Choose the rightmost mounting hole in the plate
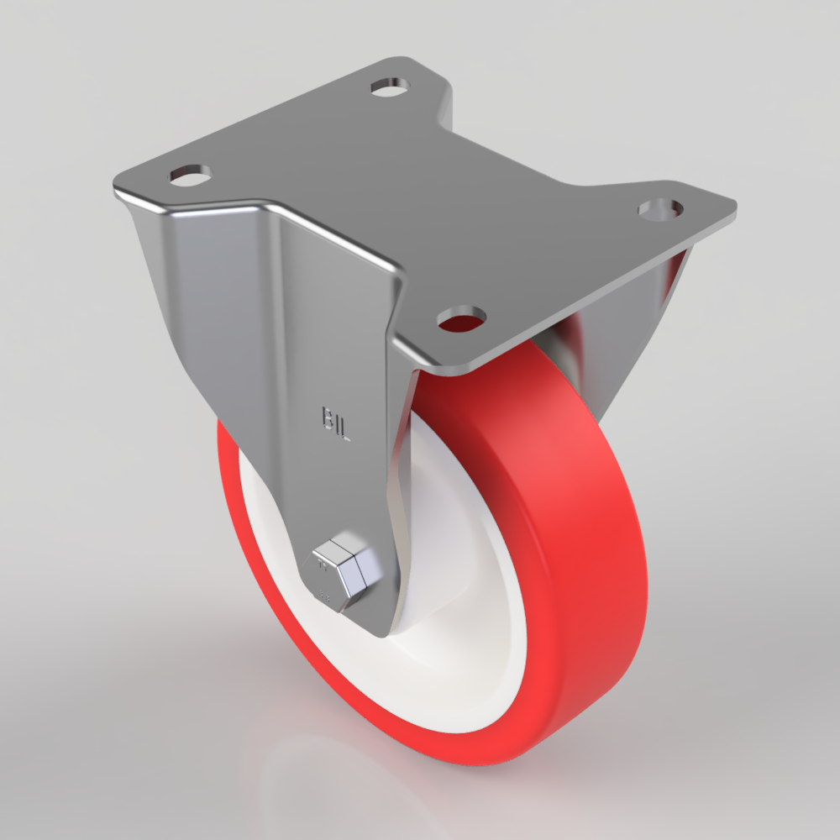click(659, 207)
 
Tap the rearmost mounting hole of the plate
click(390, 86)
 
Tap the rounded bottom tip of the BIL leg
click(374, 626)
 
